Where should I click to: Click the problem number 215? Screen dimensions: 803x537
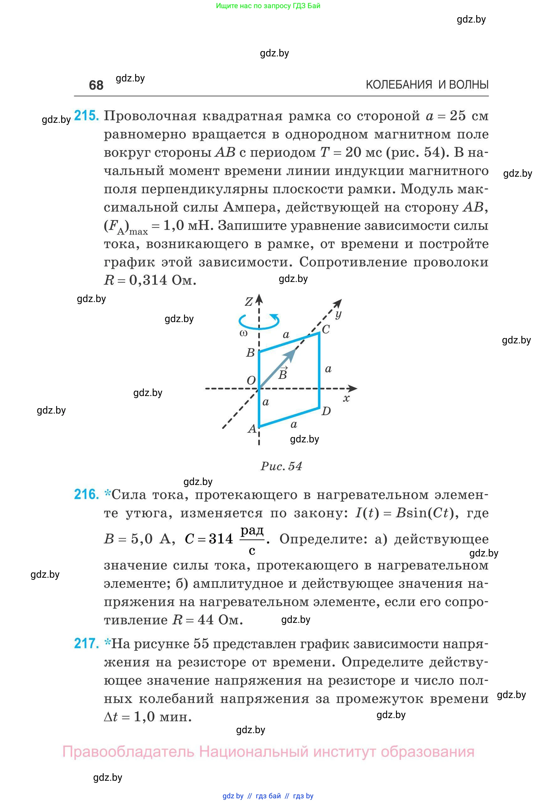pyautogui.click(x=86, y=116)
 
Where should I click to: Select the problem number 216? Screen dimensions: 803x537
pyautogui.click(x=86, y=494)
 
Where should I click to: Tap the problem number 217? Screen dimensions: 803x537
pyautogui.click(x=86, y=644)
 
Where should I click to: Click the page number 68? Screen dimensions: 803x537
pyautogui.click(x=96, y=85)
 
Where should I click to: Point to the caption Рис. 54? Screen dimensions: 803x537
pyautogui.click(x=281, y=466)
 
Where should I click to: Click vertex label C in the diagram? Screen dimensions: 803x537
pyautogui.click(x=326, y=329)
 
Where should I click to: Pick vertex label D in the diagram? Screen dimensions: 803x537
pyautogui.click(x=326, y=411)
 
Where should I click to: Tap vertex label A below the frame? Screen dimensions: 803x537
pyautogui.click(x=252, y=429)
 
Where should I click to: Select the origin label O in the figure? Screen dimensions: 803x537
pyautogui.click(x=251, y=380)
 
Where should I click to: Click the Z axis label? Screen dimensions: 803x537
pyautogui.click(x=249, y=301)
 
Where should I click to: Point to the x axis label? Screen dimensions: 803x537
pyautogui.click(x=346, y=398)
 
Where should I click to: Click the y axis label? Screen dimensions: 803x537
pyautogui.click(x=338, y=314)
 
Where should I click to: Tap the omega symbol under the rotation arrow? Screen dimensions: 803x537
pyautogui.click(x=244, y=333)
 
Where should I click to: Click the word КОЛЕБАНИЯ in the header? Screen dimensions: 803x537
pyautogui.click(x=399, y=85)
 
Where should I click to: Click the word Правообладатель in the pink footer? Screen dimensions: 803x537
pyautogui.click(x=128, y=752)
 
